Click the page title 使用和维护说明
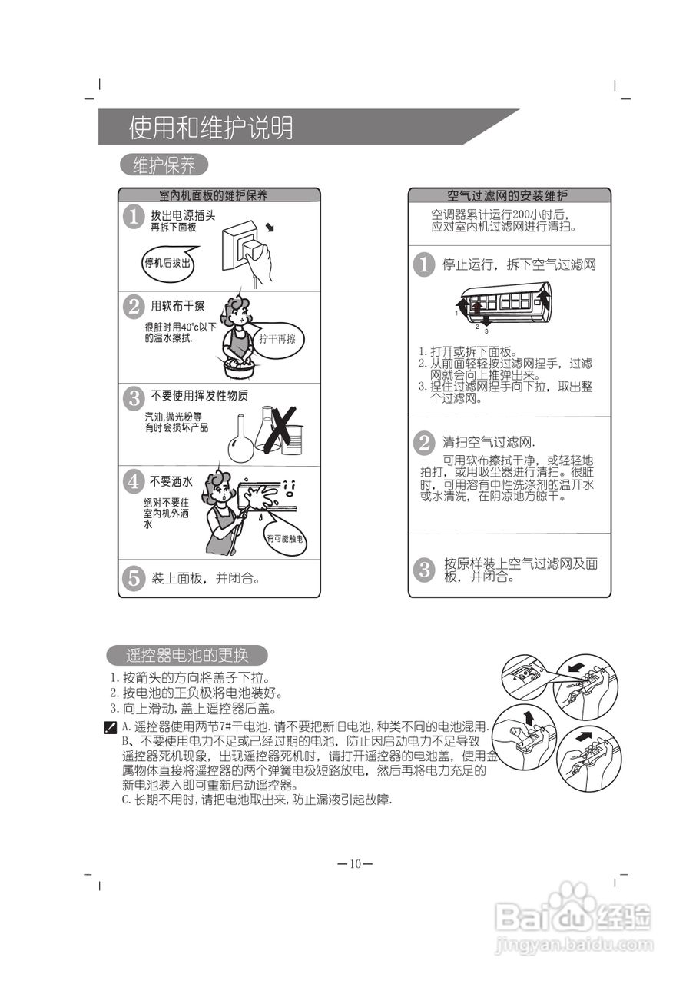pyautogui.click(x=211, y=128)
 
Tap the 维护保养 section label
pyautogui.click(x=164, y=165)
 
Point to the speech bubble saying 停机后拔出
pyautogui.click(x=167, y=263)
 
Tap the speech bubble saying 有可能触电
pyautogui.click(x=285, y=538)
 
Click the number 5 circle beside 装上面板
pyautogui.click(x=134, y=577)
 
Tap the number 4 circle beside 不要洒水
pyautogui.click(x=134, y=482)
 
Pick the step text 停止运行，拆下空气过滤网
pyautogui.click(x=519, y=265)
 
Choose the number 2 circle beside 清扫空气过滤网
pyautogui.click(x=423, y=443)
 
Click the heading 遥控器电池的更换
pyautogui.click(x=187, y=656)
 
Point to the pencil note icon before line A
pyautogui.click(x=111, y=726)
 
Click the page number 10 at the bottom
pyautogui.click(x=355, y=863)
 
